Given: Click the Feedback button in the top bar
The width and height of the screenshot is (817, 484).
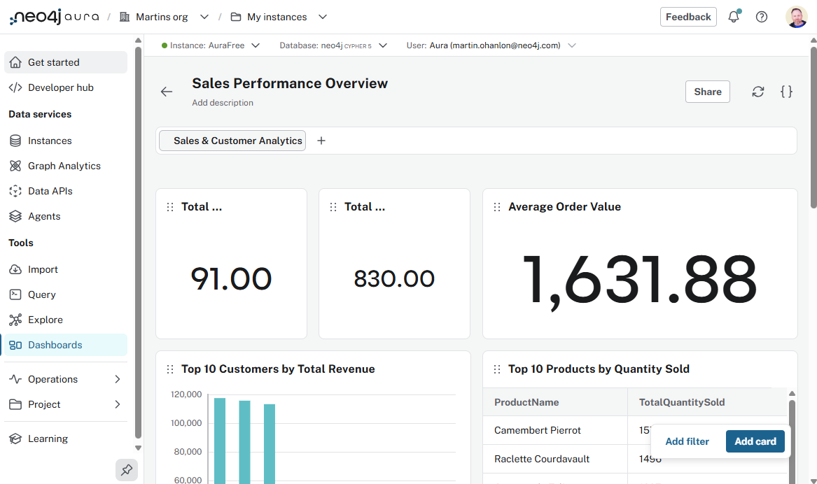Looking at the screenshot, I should point(687,17).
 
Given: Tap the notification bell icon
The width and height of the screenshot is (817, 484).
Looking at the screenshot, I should point(733,17).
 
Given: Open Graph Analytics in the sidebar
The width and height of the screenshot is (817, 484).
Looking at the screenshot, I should point(64,166).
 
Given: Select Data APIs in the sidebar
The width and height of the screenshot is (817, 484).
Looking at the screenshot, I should point(50,191).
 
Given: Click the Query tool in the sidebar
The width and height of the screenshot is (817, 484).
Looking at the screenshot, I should point(41,294).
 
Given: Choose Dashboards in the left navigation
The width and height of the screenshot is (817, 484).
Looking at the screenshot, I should point(55,345).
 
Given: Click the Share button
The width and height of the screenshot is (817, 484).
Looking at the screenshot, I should point(707,92).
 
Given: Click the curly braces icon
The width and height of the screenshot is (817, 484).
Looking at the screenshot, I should point(786,92).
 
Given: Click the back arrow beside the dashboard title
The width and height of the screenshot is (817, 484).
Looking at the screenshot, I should point(166,92).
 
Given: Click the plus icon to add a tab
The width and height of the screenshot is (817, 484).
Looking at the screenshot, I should point(321,141).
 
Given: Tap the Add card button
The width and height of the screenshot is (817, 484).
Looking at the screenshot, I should point(755,441).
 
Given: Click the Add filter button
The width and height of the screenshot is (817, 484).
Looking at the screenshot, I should point(687,441).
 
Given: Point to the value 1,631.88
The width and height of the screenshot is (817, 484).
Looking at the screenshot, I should point(640,280).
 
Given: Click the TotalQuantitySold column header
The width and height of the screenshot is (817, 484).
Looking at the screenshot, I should point(681,402).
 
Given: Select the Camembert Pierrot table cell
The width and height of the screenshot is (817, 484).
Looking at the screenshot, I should point(537,430).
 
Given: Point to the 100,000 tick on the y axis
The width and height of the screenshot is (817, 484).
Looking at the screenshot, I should point(186,423).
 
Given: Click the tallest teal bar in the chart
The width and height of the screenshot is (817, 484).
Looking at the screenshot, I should point(220,441).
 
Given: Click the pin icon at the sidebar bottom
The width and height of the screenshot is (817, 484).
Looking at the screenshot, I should point(127,470).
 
